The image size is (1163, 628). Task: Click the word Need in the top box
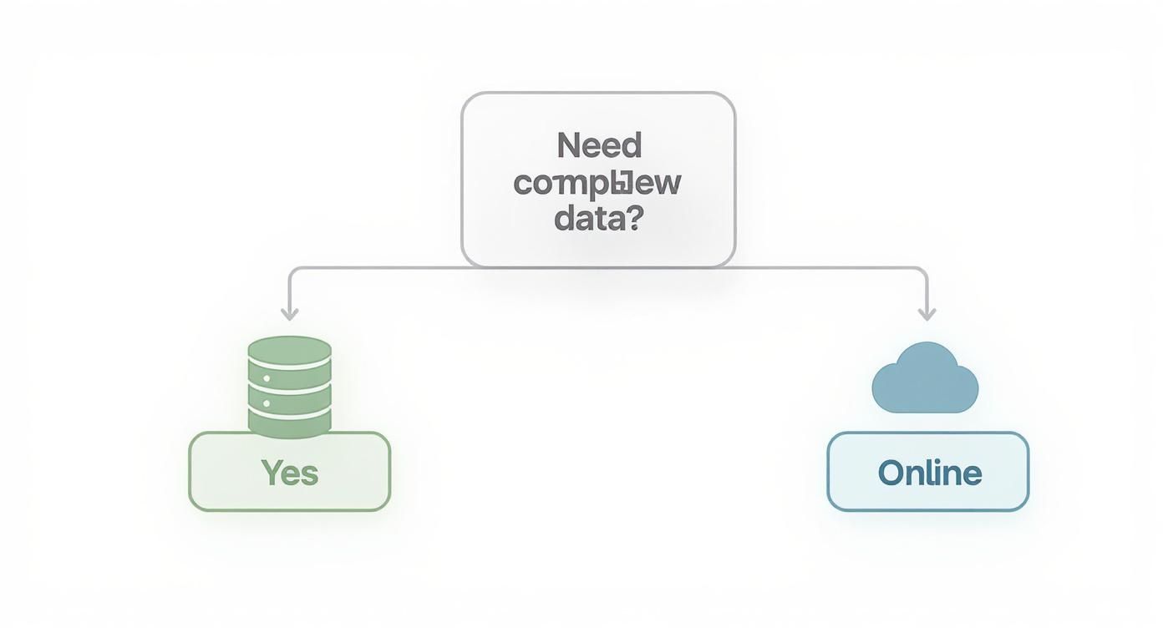click(x=599, y=146)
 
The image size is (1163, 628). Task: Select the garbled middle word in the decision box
click(x=597, y=183)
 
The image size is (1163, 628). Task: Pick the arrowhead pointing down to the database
click(x=289, y=315)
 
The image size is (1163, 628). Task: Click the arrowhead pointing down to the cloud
click(x=927, y=315)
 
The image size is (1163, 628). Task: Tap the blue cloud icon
click(x=925, y=381)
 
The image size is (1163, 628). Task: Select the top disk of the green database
click(x=290, y=351)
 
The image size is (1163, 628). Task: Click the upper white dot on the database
click(x=267, y=378)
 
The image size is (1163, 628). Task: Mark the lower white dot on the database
click(x=267, y=403)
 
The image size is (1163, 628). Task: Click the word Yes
click(x=290, y=473)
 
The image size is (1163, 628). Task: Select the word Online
click(x=929, y=474)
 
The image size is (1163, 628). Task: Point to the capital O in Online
click(x=891, y=474)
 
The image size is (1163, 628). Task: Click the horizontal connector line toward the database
click(x=376, y=267)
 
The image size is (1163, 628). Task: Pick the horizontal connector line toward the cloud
click(x=827, y=267)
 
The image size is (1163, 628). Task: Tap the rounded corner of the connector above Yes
click(x=292, y=271)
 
